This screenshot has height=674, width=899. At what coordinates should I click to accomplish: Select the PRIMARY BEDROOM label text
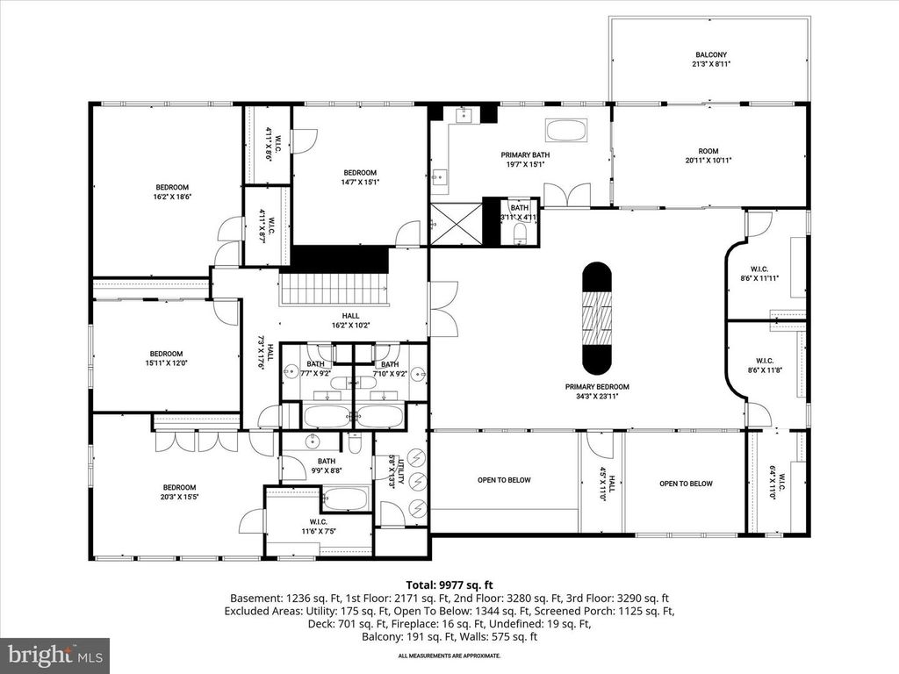597,386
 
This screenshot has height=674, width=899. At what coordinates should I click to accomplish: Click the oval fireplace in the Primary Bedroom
597,317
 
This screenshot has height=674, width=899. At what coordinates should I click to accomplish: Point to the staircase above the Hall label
334,287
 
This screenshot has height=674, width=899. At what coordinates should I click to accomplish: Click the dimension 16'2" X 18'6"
172,197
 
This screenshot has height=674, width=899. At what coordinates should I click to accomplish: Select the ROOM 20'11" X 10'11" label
708,154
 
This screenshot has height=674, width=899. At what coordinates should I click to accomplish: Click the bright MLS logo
54,655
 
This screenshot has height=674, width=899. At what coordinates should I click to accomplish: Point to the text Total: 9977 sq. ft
449,584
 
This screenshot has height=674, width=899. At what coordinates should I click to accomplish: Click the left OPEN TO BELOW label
504,481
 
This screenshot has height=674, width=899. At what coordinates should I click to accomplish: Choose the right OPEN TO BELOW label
686,484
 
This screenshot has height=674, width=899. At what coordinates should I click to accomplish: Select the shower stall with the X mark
456,225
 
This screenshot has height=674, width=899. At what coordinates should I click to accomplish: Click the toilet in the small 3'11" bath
519,233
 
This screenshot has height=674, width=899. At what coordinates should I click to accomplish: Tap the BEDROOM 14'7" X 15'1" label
360,177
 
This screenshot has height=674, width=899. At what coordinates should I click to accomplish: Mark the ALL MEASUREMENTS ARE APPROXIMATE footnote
449,656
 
